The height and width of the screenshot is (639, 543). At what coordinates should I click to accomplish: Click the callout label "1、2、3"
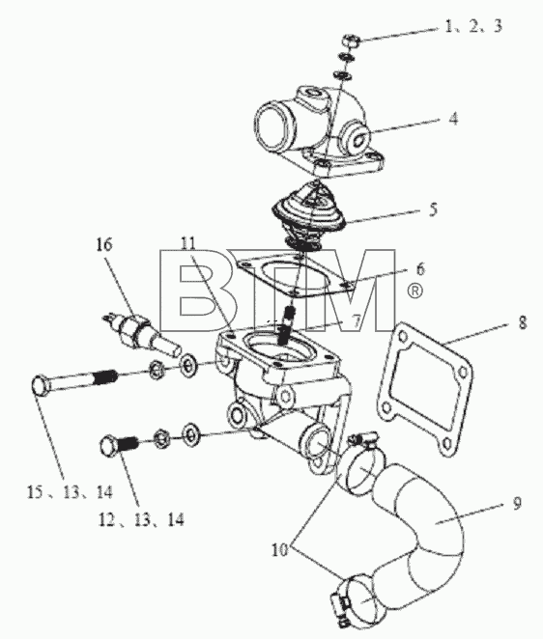(x=473, y=26)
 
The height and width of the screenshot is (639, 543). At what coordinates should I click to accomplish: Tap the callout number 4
(x=454, y=119)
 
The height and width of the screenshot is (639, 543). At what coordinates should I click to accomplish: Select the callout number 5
(x=433, y=209)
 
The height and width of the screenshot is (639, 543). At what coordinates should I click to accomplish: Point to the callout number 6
(x=420, y=269)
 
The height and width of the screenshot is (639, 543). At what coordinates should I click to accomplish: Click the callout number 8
(x=522, y=322)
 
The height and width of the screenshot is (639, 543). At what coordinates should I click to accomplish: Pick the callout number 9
(x=517, y=504)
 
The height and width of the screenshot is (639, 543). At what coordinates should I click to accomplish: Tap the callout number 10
(x=280, y=550)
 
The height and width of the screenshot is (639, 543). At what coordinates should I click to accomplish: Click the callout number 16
(x=103, y=245)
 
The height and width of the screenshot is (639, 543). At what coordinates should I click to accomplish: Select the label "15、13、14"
(x=70, y=492)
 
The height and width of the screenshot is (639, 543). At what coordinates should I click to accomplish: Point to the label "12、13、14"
(x=141, y=519)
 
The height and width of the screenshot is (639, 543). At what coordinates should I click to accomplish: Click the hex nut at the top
(x=350, y=41)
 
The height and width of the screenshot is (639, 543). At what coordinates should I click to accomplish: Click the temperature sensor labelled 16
(x=142, y=332)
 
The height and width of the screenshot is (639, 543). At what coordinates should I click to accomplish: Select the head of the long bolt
(x=42, y=385)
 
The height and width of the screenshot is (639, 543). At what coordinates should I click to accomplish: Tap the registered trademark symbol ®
(x=414, y=291)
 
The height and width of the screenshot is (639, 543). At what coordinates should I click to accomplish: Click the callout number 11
(x=188, y=243)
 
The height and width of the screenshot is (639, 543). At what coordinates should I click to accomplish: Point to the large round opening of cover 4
(x=273, y=125)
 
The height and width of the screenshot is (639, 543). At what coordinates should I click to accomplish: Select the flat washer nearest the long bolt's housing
(x=188, y=365)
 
